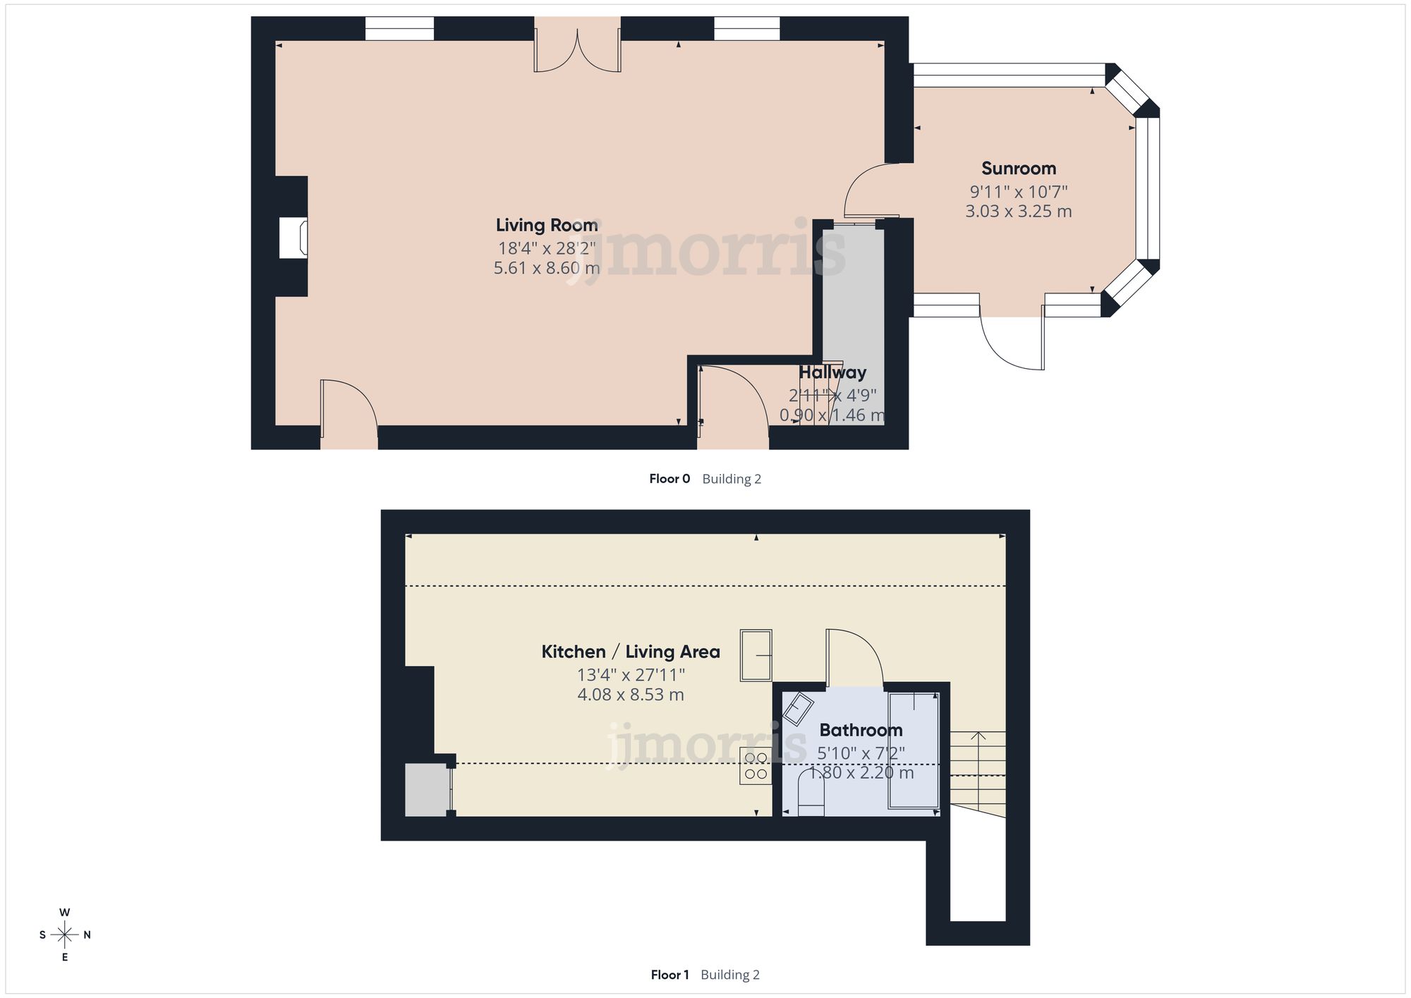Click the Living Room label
click(547, 225)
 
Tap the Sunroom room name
click(1019, 169)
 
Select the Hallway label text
click(832, 372)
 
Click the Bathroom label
click(861, 730)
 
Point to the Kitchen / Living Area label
click(630, 652)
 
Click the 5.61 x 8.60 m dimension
click(547, 268)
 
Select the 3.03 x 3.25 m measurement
click(1019, 211)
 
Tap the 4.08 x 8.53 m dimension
click(630, 695)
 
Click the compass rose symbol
click(65, 935)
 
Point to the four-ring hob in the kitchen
click(756, 766)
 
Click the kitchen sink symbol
click(756, 655)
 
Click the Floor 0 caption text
click(670, 479)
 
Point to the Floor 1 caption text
click(670, 975)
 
